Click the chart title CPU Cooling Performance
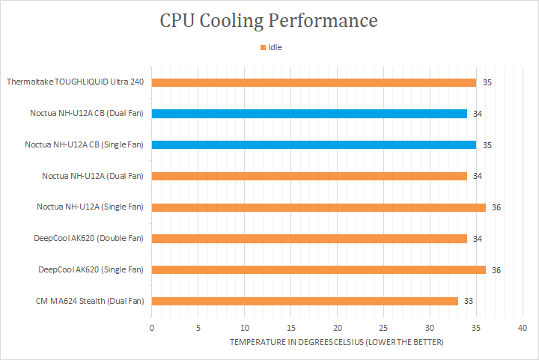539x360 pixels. click(269, 20)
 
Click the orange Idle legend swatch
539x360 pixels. click(263, 47)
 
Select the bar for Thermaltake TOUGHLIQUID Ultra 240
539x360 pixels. click(314, 82)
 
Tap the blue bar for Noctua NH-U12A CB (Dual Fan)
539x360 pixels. click(309, 114)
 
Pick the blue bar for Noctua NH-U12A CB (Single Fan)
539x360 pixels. click(314, 144)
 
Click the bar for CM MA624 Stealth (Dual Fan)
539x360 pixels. click(305, 301)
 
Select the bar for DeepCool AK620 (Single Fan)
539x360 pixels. click(318, 269)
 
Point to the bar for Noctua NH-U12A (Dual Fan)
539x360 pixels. click(309, 176)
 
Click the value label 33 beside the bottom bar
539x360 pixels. click(469, 301)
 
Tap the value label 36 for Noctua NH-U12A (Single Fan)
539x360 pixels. click(496, 207)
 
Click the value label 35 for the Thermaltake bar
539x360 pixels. click(487, 82)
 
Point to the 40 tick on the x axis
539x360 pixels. click(523, 328)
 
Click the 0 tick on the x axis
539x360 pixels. click(152, 328)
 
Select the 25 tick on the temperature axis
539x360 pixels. click(383, 328)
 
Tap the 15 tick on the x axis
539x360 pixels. click(290, 328)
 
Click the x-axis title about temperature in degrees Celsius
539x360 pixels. click(337, 342)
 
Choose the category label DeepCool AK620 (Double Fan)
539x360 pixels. click(89, 238)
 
